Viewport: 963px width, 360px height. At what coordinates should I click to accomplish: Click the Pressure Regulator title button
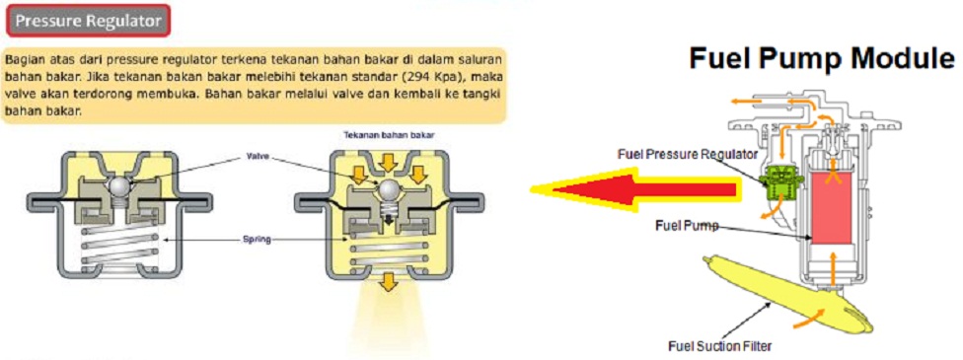tap(89, 21)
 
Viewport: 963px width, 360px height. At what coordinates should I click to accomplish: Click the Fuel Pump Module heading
tap(822, 59)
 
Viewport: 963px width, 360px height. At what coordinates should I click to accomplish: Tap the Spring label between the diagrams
tap(257, 240)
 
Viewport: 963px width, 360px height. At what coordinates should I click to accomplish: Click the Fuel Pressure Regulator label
tap(688, 153)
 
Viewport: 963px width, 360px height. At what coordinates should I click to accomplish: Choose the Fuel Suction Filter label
tap(719, 345)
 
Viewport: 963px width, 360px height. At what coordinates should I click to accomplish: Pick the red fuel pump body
tap(832, 206)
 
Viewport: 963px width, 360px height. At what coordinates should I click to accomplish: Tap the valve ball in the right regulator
tap(388, 189)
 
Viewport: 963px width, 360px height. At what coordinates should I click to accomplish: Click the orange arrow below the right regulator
tap(388, 282)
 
